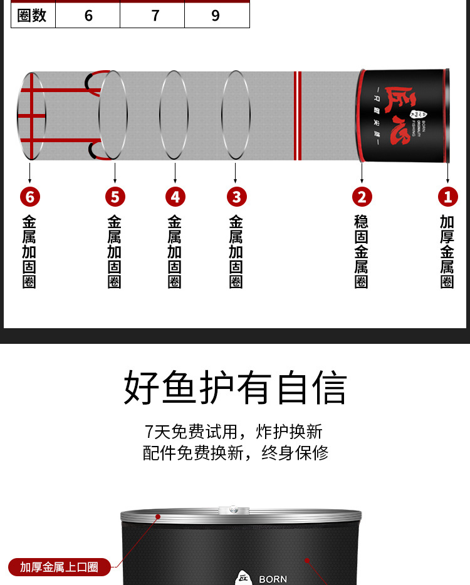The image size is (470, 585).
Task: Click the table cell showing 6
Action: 88,16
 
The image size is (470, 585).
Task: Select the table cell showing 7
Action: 155,16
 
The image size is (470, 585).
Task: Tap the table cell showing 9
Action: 216,16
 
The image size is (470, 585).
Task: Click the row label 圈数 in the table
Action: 32,16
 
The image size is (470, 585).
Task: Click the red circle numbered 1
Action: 447,197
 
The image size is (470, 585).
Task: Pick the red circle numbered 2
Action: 362,197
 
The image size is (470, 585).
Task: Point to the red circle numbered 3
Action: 236,197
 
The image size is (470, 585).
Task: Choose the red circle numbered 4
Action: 175,197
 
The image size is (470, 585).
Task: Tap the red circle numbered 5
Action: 115,197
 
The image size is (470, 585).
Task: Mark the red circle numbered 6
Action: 29,197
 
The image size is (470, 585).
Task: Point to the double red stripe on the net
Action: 298,115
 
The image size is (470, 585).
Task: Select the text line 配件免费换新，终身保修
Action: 235,453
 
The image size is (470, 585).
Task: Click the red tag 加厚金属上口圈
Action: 59,567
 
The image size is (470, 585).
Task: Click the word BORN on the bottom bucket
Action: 273,579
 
